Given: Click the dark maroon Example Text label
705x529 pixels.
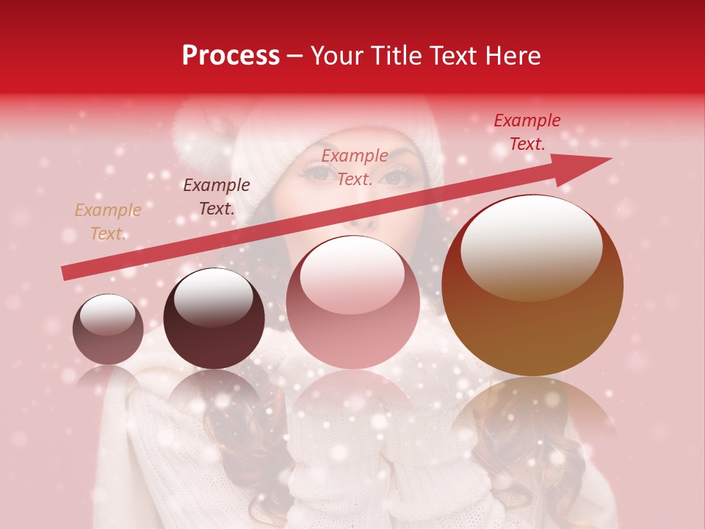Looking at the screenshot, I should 216,197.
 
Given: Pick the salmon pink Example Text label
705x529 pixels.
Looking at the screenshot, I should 355,167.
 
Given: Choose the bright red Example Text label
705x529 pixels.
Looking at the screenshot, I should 527,132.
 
